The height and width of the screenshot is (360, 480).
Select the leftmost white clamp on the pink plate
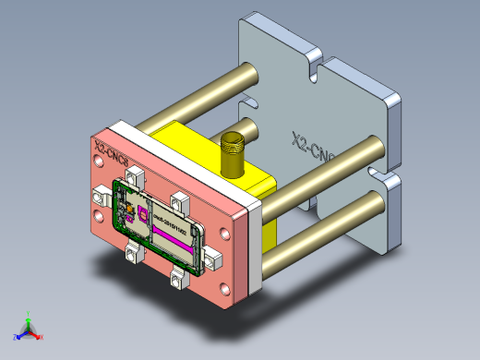(x=102, y=195)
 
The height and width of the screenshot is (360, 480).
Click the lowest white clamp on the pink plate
(x=178, y=275)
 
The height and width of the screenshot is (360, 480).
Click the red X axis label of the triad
(x=42, y=337)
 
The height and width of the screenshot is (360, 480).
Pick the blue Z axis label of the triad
(x=16, y=336)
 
